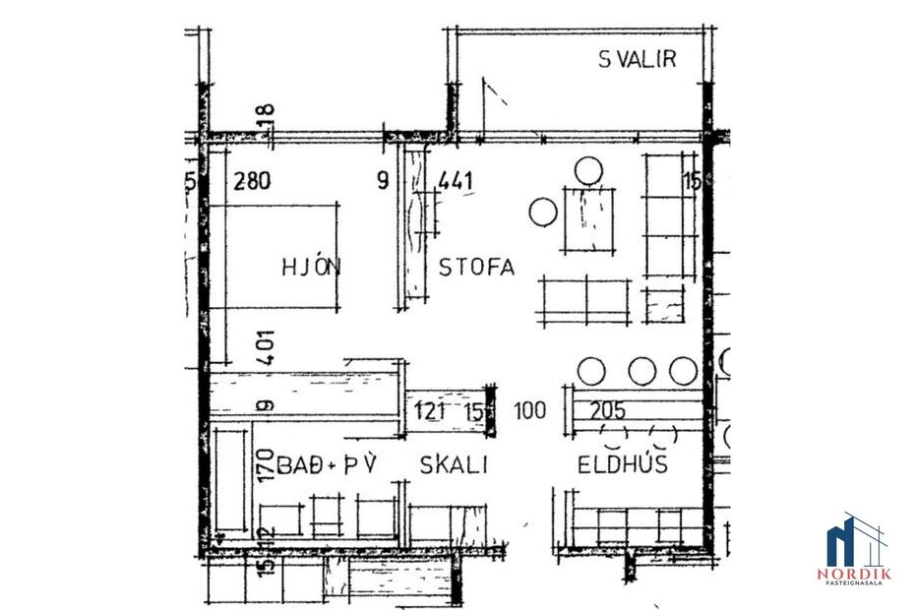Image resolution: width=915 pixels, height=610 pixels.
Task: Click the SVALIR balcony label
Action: click(638, 59)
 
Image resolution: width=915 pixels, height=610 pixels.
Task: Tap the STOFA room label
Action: click(476, 267)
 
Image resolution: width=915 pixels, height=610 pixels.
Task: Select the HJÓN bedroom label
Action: click(310, 267)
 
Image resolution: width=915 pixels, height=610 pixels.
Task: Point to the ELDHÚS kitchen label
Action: click(623, 464)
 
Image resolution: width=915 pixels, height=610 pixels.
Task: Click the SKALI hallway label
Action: click(454, 464)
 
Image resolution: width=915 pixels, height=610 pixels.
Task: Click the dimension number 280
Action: click(251, 181)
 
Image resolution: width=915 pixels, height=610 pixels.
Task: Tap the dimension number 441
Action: click(457, 181)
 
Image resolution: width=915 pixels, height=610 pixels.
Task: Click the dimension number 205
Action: click(607, 410)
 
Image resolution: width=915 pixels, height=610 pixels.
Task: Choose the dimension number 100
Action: click(530, 410)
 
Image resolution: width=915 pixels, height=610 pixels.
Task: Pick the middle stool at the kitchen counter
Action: click(642, 371)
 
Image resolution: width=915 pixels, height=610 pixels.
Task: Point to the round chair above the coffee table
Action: click(588, 171)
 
